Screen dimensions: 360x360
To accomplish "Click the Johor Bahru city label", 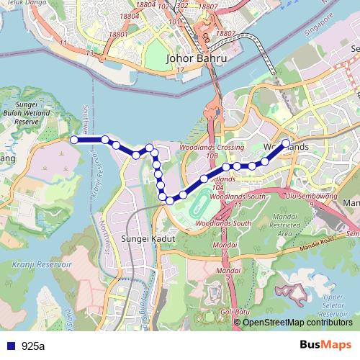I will [x=197, y=58].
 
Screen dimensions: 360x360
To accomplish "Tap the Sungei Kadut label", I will [x=143, y=238].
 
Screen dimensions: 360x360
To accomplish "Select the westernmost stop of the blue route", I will [x=73, y=139].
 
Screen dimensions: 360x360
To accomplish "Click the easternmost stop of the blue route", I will [x=286, y=143].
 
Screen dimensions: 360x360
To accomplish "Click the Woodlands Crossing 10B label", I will [x=211, y=150].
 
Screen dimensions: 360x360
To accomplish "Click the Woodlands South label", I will [x=232, y=224].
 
